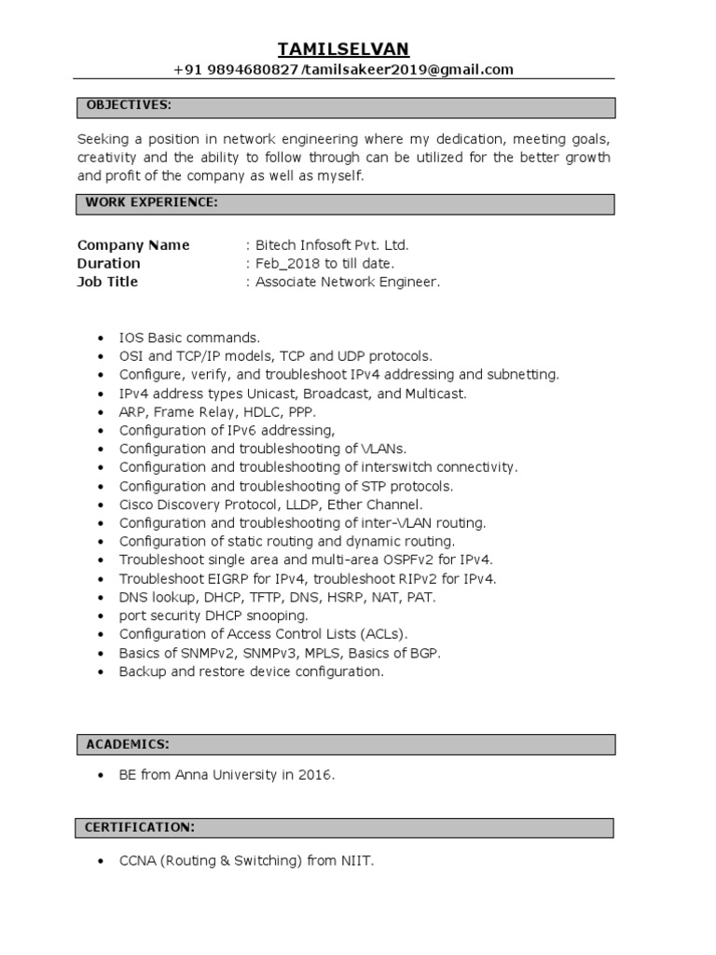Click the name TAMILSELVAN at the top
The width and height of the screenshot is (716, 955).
(344, 48)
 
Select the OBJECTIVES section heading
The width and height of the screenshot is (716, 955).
(129, 104)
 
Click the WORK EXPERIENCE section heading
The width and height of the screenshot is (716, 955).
(152, 202)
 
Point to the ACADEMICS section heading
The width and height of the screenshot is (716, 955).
(127, 743)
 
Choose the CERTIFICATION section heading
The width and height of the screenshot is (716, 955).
(140, 827)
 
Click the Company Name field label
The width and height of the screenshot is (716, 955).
(133, 245)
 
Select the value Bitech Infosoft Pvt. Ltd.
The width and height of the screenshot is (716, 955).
(332, 245)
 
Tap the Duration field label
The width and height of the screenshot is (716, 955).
(109, 263)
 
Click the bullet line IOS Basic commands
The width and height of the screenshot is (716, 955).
(189, 337)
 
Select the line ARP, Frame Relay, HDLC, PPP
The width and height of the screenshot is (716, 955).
(217, 411)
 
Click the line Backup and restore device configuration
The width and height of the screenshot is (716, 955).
(251, 671)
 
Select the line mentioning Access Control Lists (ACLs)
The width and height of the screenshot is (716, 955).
(264, 634)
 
